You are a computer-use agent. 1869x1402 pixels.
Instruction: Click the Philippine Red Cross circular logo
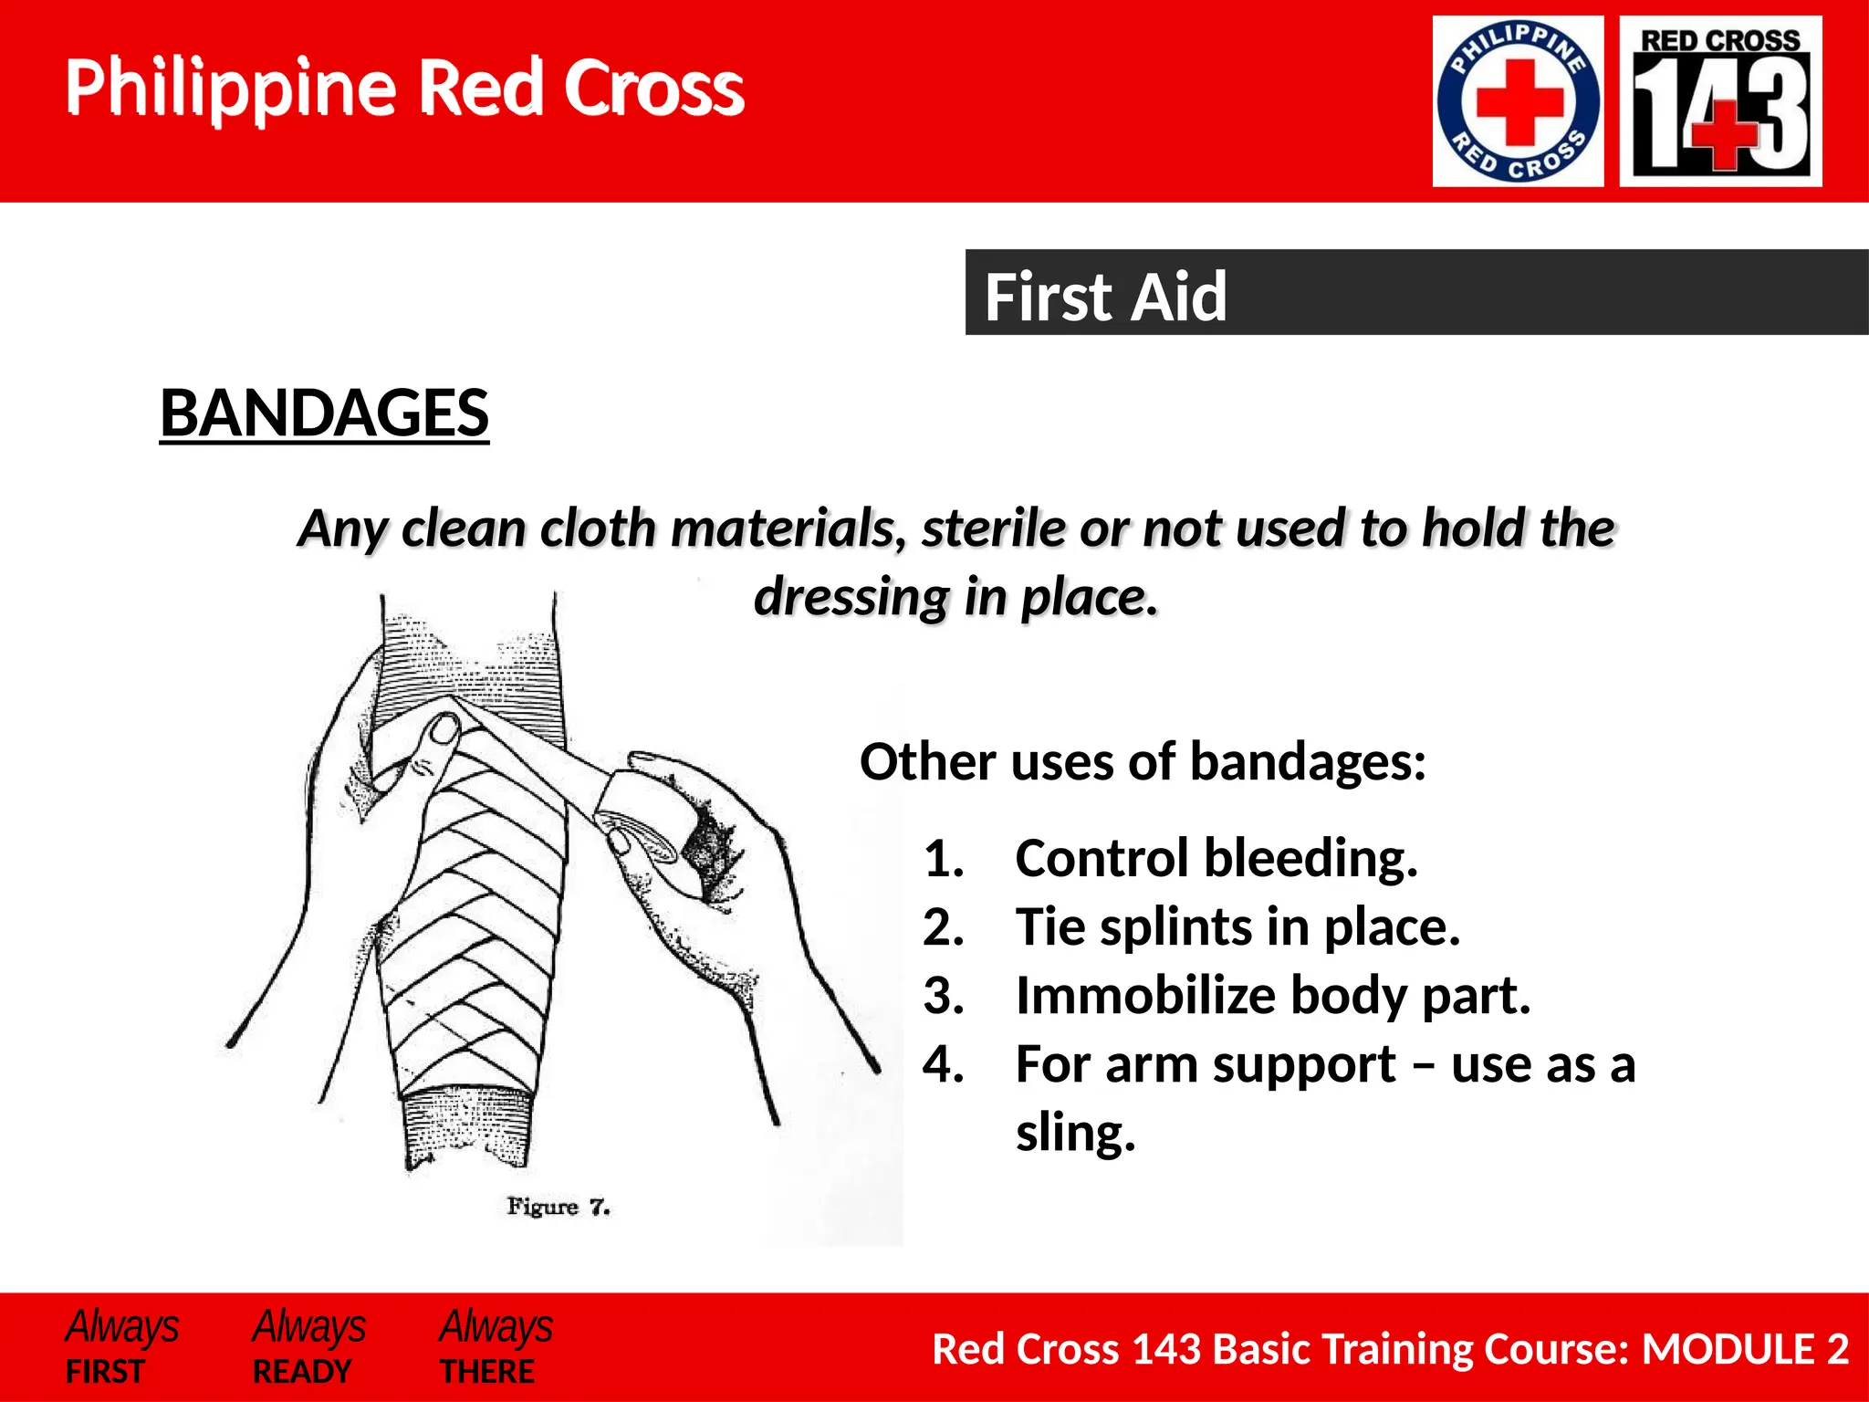click(1518, 101)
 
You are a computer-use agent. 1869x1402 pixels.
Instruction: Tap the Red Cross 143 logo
click(1720, 101)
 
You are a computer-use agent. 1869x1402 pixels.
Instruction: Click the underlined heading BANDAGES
click(324, 413)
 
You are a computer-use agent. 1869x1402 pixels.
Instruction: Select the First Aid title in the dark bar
click(1105, 297)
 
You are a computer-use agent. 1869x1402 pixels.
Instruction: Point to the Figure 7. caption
click(558, 1207)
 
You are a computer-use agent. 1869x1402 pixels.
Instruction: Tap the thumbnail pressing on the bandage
click(444, 728)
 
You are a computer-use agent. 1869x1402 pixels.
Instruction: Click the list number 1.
click(943, 859)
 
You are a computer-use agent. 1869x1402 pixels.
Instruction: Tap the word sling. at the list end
click(1075, 1133)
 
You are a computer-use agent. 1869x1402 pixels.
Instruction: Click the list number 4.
click(943, 1064)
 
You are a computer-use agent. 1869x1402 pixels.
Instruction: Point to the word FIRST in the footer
click(105, 1372)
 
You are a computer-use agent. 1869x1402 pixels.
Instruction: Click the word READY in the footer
click(301, 1372)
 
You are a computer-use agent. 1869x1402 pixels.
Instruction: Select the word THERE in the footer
click(487, 1372)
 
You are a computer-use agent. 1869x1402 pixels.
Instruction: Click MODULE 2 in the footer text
click(1745, 1349)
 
